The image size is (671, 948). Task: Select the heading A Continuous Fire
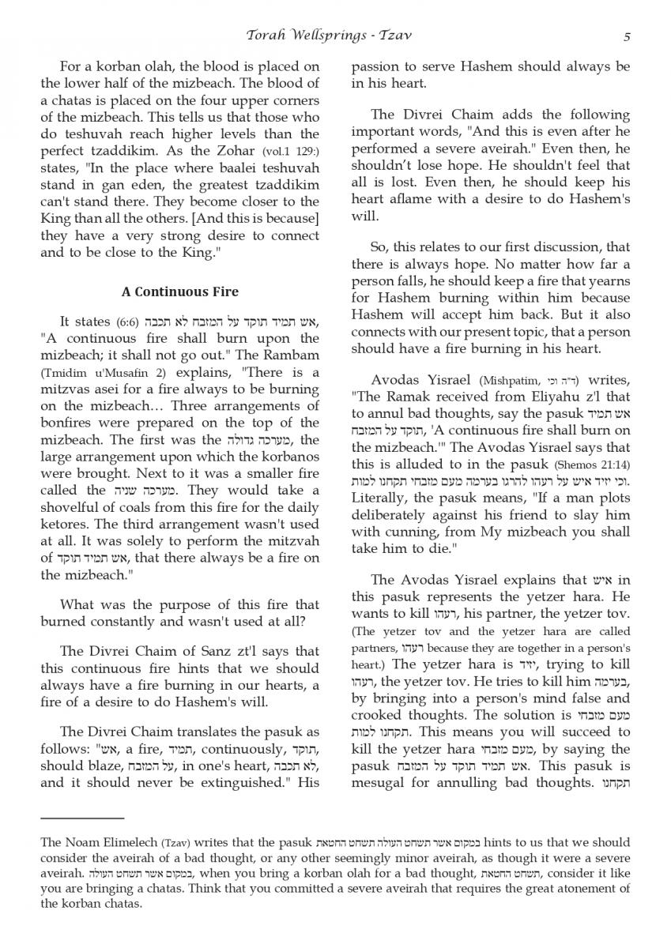[179, 291]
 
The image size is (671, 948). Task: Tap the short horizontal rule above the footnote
[82, 818]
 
